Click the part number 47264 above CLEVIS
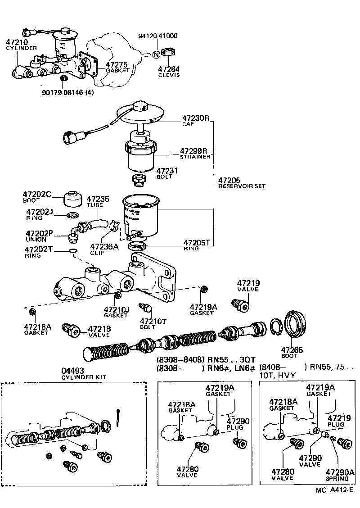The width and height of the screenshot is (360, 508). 169,69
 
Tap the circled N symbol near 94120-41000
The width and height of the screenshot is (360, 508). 156,54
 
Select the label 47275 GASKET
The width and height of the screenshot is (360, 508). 117,67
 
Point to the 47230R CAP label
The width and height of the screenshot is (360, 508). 196,121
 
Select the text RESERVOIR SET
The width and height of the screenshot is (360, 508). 242,186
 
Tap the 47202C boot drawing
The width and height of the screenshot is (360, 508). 73,198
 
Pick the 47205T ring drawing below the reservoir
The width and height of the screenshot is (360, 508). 137,246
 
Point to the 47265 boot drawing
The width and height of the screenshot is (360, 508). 295,323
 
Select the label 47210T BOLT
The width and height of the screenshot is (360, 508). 153,324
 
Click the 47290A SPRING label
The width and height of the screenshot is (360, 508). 340,475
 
